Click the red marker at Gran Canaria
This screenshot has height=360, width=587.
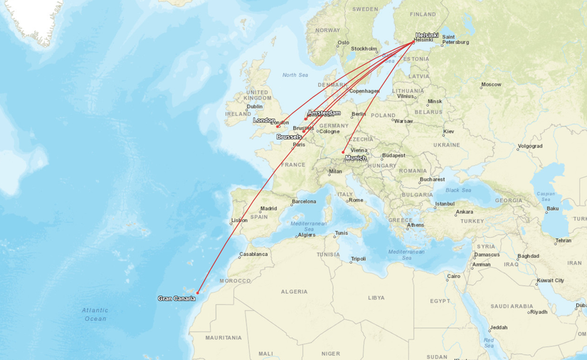(x=198, y=292)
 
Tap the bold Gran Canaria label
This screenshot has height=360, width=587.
(x=176, y=299)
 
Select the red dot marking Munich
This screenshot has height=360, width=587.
(x=343, y=152)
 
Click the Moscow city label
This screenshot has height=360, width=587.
(x=491, y=85)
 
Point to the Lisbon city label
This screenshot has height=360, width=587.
(x=239, y=220)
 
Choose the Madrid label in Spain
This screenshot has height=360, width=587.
(x=268, y=208)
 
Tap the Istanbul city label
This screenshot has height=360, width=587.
(x=445, y=203)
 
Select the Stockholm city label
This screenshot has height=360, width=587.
(x=364, y=49)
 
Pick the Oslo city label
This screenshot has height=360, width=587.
(x=344, y=43)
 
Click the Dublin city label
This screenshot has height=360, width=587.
(x=254, y=107)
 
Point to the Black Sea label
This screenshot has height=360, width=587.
(x=458, y=190)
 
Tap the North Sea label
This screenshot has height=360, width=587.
(x=295, y=75)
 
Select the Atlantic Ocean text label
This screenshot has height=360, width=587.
(x=95, y=314)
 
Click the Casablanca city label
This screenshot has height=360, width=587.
(x=253, y=254)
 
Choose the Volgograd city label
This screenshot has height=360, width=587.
(x=530, y=146)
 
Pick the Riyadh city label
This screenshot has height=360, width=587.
(x=539, y=312)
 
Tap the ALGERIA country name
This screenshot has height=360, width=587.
(x=294, y=292)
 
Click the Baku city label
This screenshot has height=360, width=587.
(x=552, y=208)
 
